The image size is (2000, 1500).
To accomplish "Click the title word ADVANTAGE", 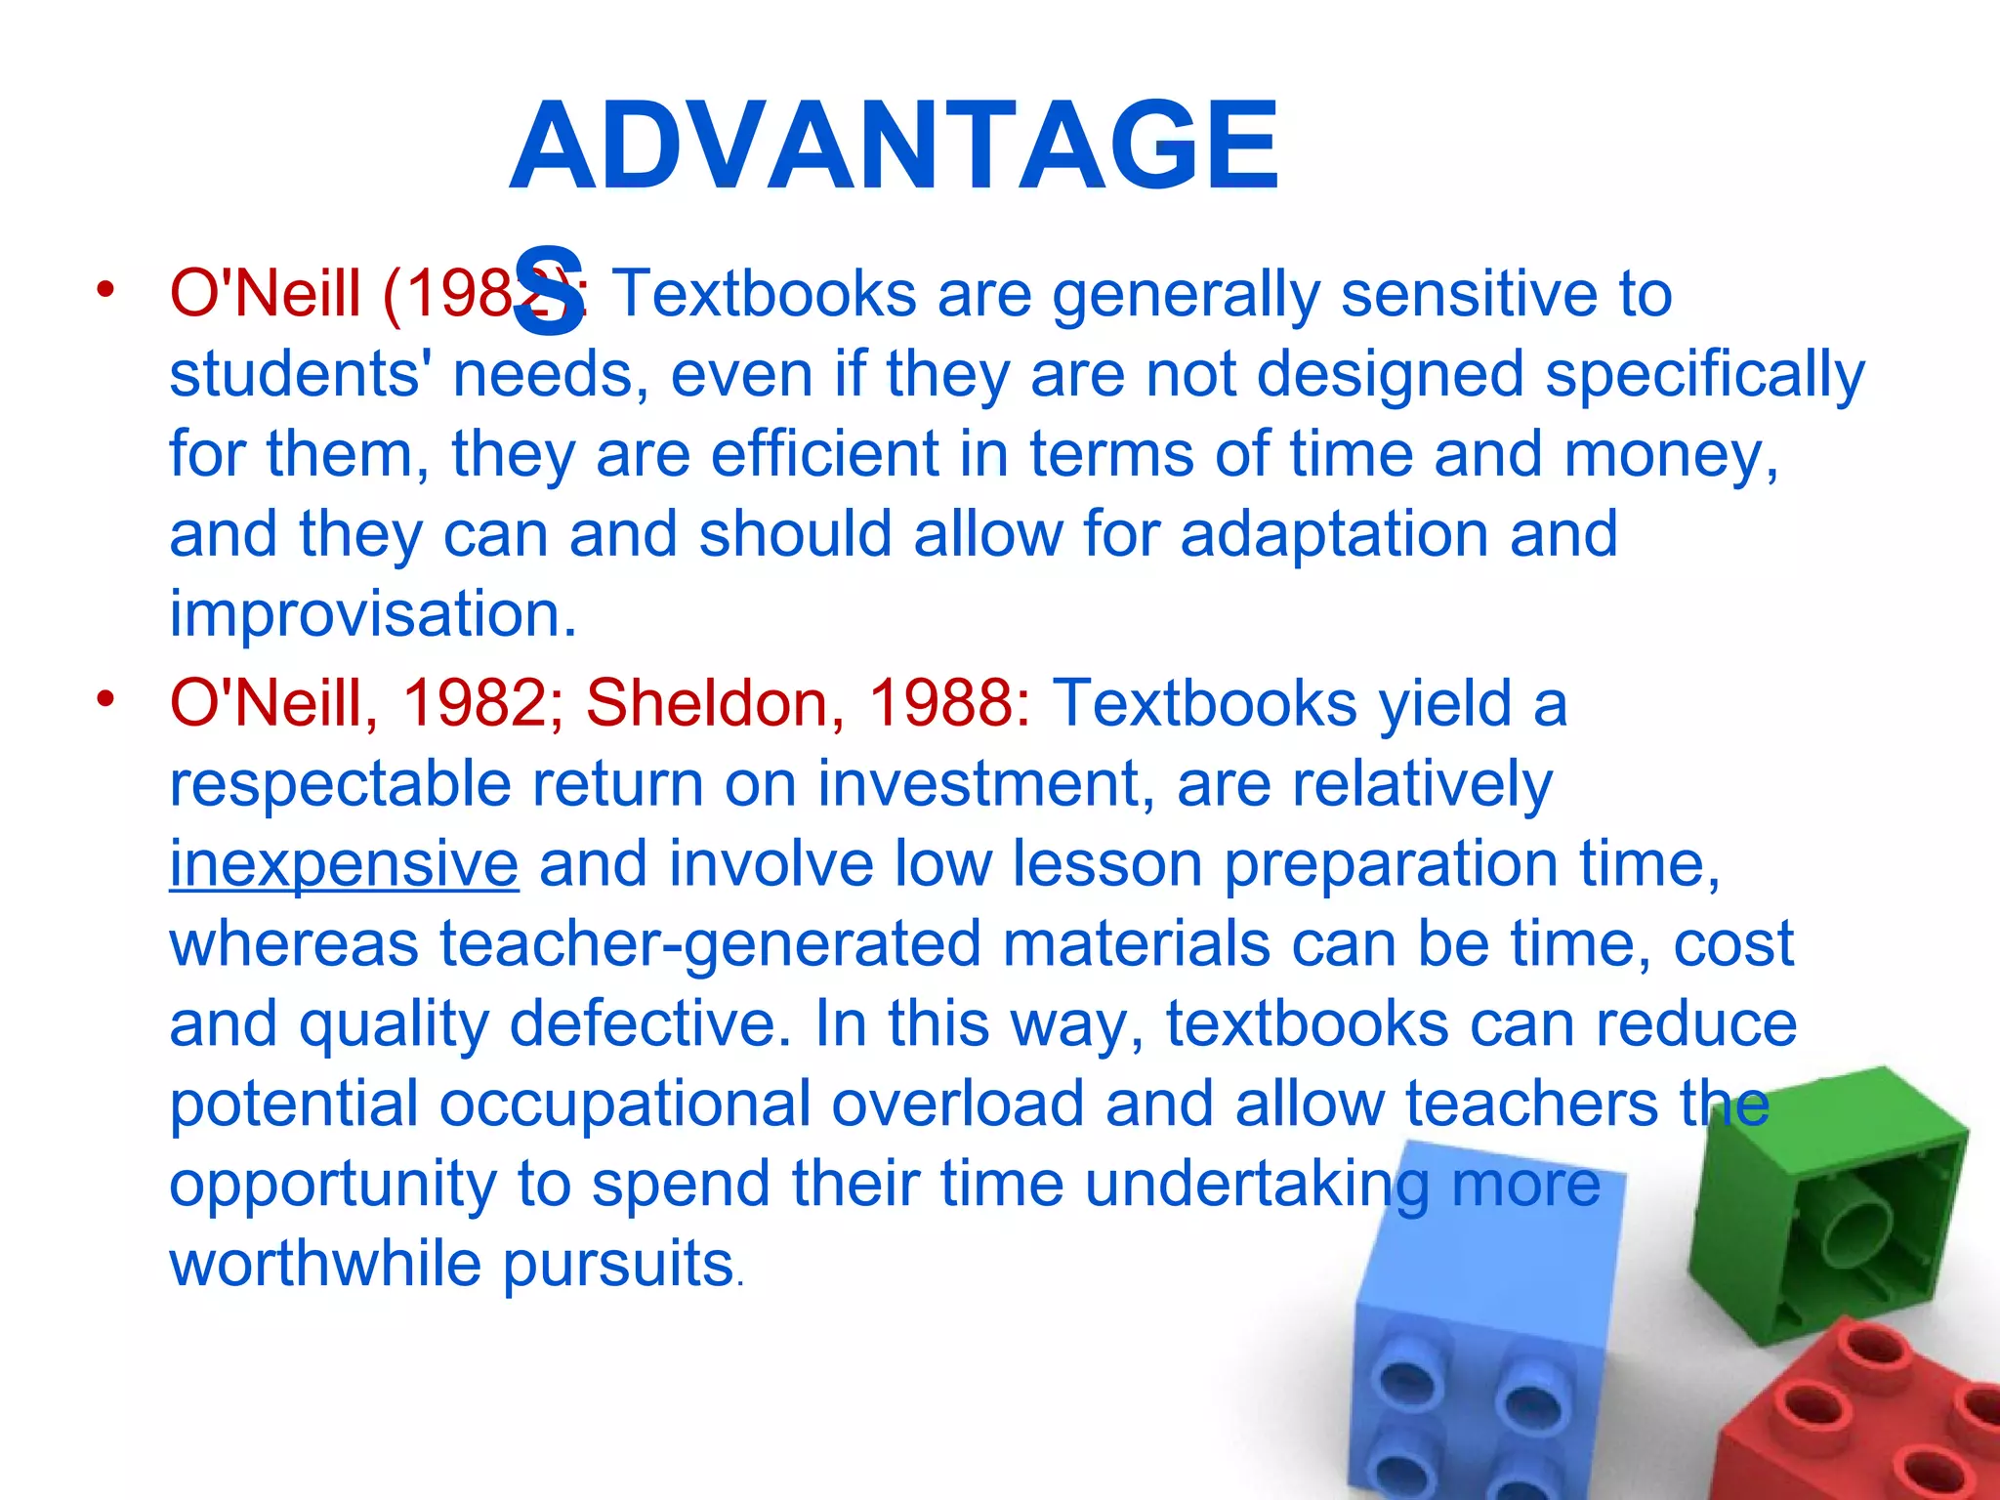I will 894,146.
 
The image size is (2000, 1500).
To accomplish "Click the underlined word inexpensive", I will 344,864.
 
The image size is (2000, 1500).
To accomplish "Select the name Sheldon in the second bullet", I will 705,703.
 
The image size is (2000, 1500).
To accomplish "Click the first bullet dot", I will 104,289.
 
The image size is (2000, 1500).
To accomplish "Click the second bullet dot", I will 104,698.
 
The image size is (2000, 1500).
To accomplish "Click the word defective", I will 650,1024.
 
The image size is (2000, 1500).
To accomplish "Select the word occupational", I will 625,1104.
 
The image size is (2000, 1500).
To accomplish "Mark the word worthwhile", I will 325,1264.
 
